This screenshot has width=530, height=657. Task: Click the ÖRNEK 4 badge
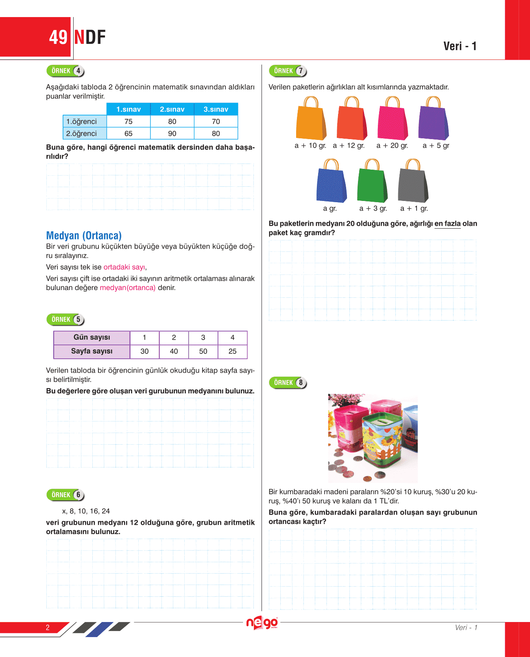click(x=65, y=71)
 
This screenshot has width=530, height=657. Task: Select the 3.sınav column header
click(x=216, y=109)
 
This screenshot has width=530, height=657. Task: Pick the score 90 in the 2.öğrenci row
click(x=172, y=133)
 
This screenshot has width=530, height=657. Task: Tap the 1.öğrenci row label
click(x=82, y=121)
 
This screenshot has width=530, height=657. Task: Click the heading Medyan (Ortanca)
click(x=84, y=236)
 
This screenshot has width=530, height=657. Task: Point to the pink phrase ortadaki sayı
click(x=124, y=267)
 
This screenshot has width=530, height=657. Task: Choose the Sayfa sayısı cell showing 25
click(x=232, y=351)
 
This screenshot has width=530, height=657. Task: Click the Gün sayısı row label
click(x=92, y=337)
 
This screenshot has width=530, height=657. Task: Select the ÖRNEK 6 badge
click(x=65, y=495)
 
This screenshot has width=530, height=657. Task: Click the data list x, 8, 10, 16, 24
click(x=86, y=511)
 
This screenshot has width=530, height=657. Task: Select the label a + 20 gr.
click(x=392, y=146)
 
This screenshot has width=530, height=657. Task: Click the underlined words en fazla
click(x=447, y=223)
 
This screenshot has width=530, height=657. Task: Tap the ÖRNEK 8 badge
click(x=288, y=382)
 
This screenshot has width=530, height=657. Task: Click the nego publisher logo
click(x=262, y=623)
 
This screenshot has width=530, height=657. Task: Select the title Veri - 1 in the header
click(x=460, y=46)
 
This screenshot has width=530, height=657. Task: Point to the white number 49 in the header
click(x=58, y=37)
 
